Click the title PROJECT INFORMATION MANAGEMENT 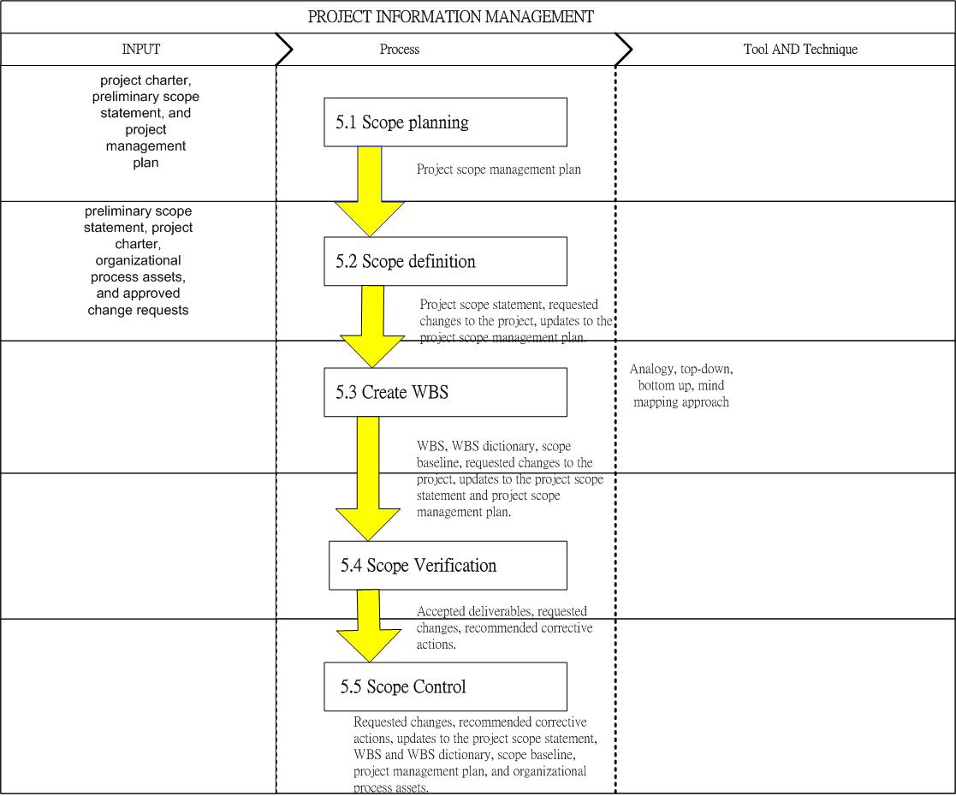click(450, 16)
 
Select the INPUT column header click(141, 49)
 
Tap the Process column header click(400, 50)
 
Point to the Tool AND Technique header click(800, 50)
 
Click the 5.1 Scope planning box click(445, 122)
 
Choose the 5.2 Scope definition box click(445, 261)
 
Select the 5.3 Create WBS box click(445, 392)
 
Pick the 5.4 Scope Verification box click(448, 566)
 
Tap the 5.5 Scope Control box click(445, 686)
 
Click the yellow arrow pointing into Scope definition click(370, 192)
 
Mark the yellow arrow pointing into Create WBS click(372, 327)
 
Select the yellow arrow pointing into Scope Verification click(368, 478)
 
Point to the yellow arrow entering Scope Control click(368, 626)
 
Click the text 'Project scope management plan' click(499, 169)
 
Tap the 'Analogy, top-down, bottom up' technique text click(681, 385)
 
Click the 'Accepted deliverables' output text click(504, 627)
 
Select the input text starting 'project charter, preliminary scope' click(145, 122)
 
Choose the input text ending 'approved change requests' click(138, 260)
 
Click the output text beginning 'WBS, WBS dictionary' click(510, 478)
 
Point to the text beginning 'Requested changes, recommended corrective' click(475, 755)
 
